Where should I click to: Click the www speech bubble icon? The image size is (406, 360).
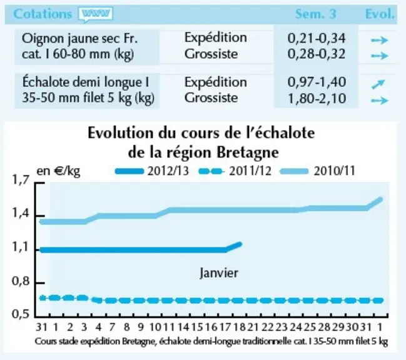[x=96, y=14]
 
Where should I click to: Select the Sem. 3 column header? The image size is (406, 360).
[x=316, y=14]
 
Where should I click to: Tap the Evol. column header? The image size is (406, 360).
[x=380, y=14]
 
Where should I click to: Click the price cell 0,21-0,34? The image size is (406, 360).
[x=317, y=38]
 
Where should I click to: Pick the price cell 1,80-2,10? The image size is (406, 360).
[x=317, y=98]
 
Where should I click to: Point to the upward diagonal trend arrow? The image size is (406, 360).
[x=378, y=84]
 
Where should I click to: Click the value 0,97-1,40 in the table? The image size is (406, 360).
[x=317, y=82]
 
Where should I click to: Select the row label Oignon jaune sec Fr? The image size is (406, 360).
[x=79, y=39]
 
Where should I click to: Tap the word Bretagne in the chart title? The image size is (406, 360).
[x=248, y=152]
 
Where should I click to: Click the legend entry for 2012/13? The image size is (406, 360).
[x=152, y=171]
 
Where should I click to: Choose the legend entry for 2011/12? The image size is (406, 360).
[x=235, y=171]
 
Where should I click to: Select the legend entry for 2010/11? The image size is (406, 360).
[x=318, y=171]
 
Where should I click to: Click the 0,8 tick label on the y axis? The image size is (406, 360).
[x=21, y=281]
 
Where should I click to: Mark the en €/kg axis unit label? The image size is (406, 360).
[x=58, y=171]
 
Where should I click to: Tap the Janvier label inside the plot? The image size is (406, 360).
[x=219, y=273]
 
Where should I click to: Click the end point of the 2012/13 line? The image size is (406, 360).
[x=240, y=244]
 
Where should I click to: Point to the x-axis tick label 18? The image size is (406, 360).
[x=239, y=327]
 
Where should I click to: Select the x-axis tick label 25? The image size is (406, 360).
[x=310, y=327]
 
